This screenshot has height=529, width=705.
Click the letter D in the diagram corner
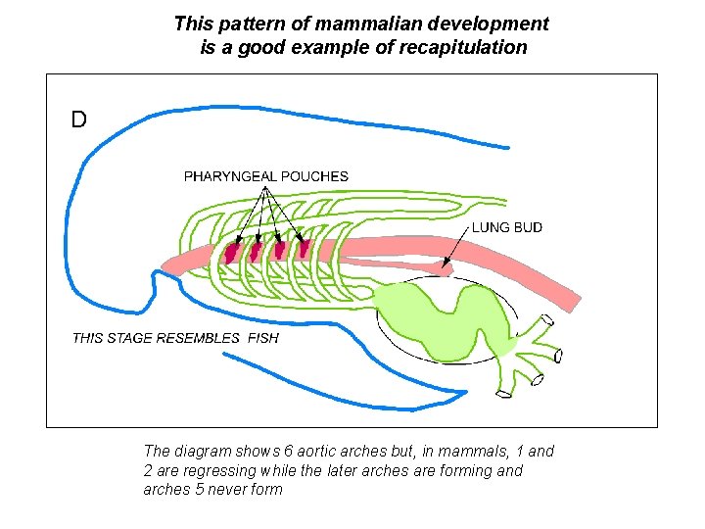coord(78,120)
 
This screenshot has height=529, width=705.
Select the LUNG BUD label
coord(507,227)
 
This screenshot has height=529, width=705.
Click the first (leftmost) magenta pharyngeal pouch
coord(232,252)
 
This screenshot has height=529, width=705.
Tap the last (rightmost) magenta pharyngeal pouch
coord(304,248)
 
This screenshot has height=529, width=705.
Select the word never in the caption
coord(227,489)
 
